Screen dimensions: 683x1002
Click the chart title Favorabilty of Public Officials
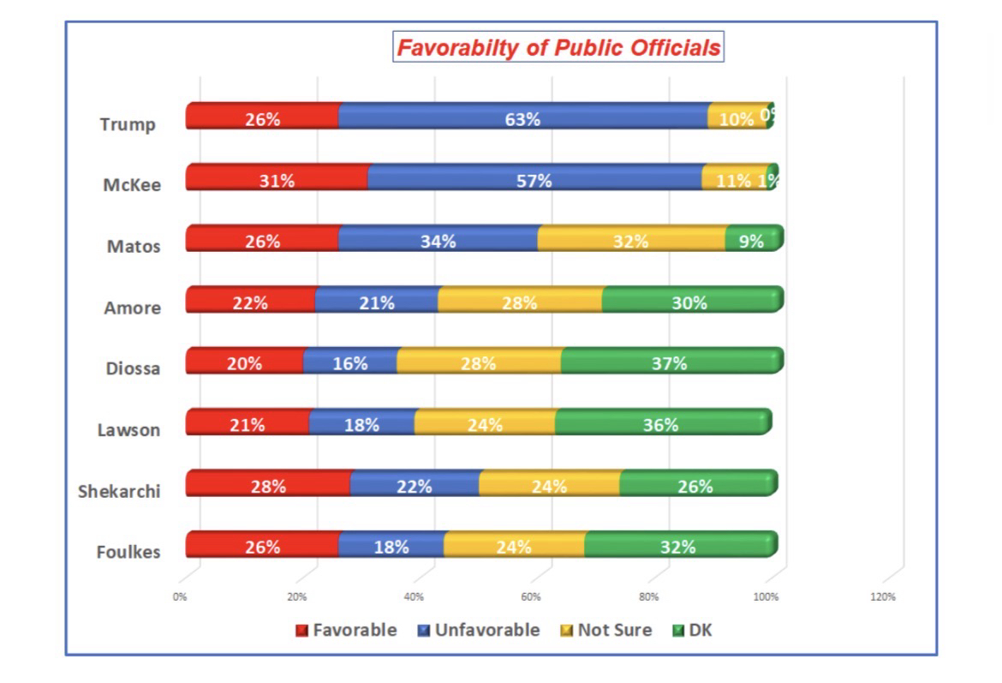pyautogui.click(x=558, y=47)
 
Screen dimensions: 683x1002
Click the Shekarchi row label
pyautogui.click(x=119, y=491)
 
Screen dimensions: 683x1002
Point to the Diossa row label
pyautogui.click(x=133, y=368)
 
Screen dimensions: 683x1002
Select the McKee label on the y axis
pyautogui.click(x=132, y=185)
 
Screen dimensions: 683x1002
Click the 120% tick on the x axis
pyautogui.click(x=883, y=597)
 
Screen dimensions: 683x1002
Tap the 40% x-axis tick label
pyautogui.click(x=414, y=597)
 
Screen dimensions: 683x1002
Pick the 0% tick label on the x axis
pyautogui.click(x=180, y=597)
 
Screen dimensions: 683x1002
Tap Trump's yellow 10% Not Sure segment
pyautogui.click(x=737, y=118)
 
